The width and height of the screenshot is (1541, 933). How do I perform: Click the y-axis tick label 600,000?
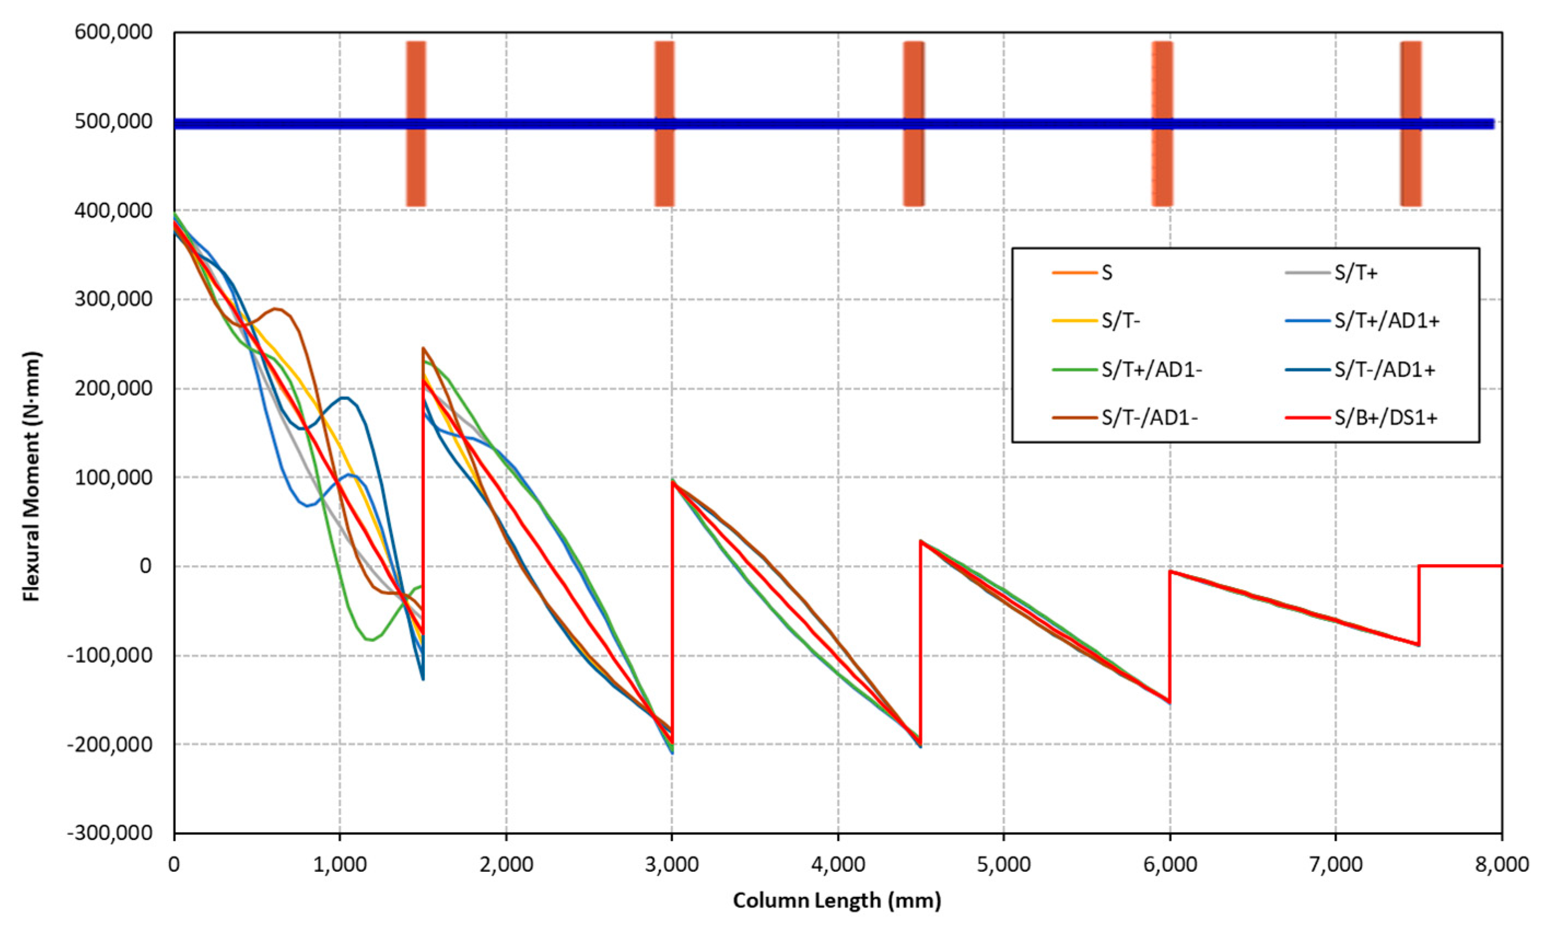pyautogui.click(x=113, y=32)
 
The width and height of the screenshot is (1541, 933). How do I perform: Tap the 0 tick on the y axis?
pyautogui.click(x=145, y=566)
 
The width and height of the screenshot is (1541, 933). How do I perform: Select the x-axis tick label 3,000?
pyautogui.click(x=672, y=865)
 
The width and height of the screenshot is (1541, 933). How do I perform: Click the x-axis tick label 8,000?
pyautogui.click(x=1501, y=865)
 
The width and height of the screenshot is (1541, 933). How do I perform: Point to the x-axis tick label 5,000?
pyautogui.click(x=1003, y=865)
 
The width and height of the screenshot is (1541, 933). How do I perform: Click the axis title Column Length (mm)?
pyautogui.click(x=837, y=901)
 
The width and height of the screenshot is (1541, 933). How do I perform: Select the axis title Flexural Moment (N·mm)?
pyautogui.click(x=31, y=477)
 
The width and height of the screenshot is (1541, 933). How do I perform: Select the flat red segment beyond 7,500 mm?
pyautogui.click(x=1460, y=566)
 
